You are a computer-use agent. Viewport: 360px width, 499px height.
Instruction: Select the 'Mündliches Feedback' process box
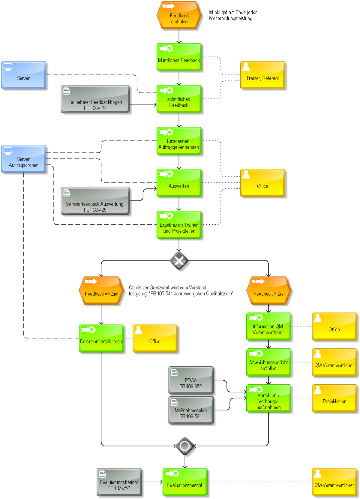coord(179,57)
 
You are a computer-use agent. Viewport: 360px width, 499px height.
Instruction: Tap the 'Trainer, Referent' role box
coord(262,75)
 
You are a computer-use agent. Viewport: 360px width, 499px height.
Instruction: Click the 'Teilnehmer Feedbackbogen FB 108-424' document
coord(95,99)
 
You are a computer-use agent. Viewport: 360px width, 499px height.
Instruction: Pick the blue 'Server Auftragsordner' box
coord(24,159)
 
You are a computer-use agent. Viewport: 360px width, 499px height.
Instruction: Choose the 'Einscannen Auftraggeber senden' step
coord(179,141)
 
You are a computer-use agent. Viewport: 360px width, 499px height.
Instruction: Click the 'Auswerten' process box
coord(179,183)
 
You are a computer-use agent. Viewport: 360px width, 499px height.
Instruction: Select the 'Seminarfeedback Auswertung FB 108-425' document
coord(95,201)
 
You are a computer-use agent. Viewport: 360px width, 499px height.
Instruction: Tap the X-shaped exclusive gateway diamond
coord(179,260)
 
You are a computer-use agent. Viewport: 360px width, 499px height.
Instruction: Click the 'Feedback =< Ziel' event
coord(101,291)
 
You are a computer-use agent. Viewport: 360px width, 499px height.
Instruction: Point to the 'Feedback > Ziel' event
coord(269,291)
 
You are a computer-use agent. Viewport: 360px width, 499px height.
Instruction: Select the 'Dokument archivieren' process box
coord(101,338)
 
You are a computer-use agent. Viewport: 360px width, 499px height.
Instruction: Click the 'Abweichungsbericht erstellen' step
coord(269,362)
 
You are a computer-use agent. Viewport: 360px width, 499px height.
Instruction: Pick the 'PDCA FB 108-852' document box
coord(191,380)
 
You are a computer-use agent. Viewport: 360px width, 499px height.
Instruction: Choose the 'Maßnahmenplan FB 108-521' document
coord(191,410)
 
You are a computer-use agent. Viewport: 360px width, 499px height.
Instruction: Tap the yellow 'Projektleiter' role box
coord(334,398)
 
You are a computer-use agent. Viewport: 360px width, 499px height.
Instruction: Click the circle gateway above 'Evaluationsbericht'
coord(185,446)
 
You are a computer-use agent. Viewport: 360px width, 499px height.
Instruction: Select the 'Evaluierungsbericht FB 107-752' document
coord(119,482)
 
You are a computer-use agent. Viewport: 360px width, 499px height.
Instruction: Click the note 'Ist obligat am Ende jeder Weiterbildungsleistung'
coord(233,15)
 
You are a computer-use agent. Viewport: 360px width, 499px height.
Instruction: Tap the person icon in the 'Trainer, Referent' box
coord(246,67)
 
